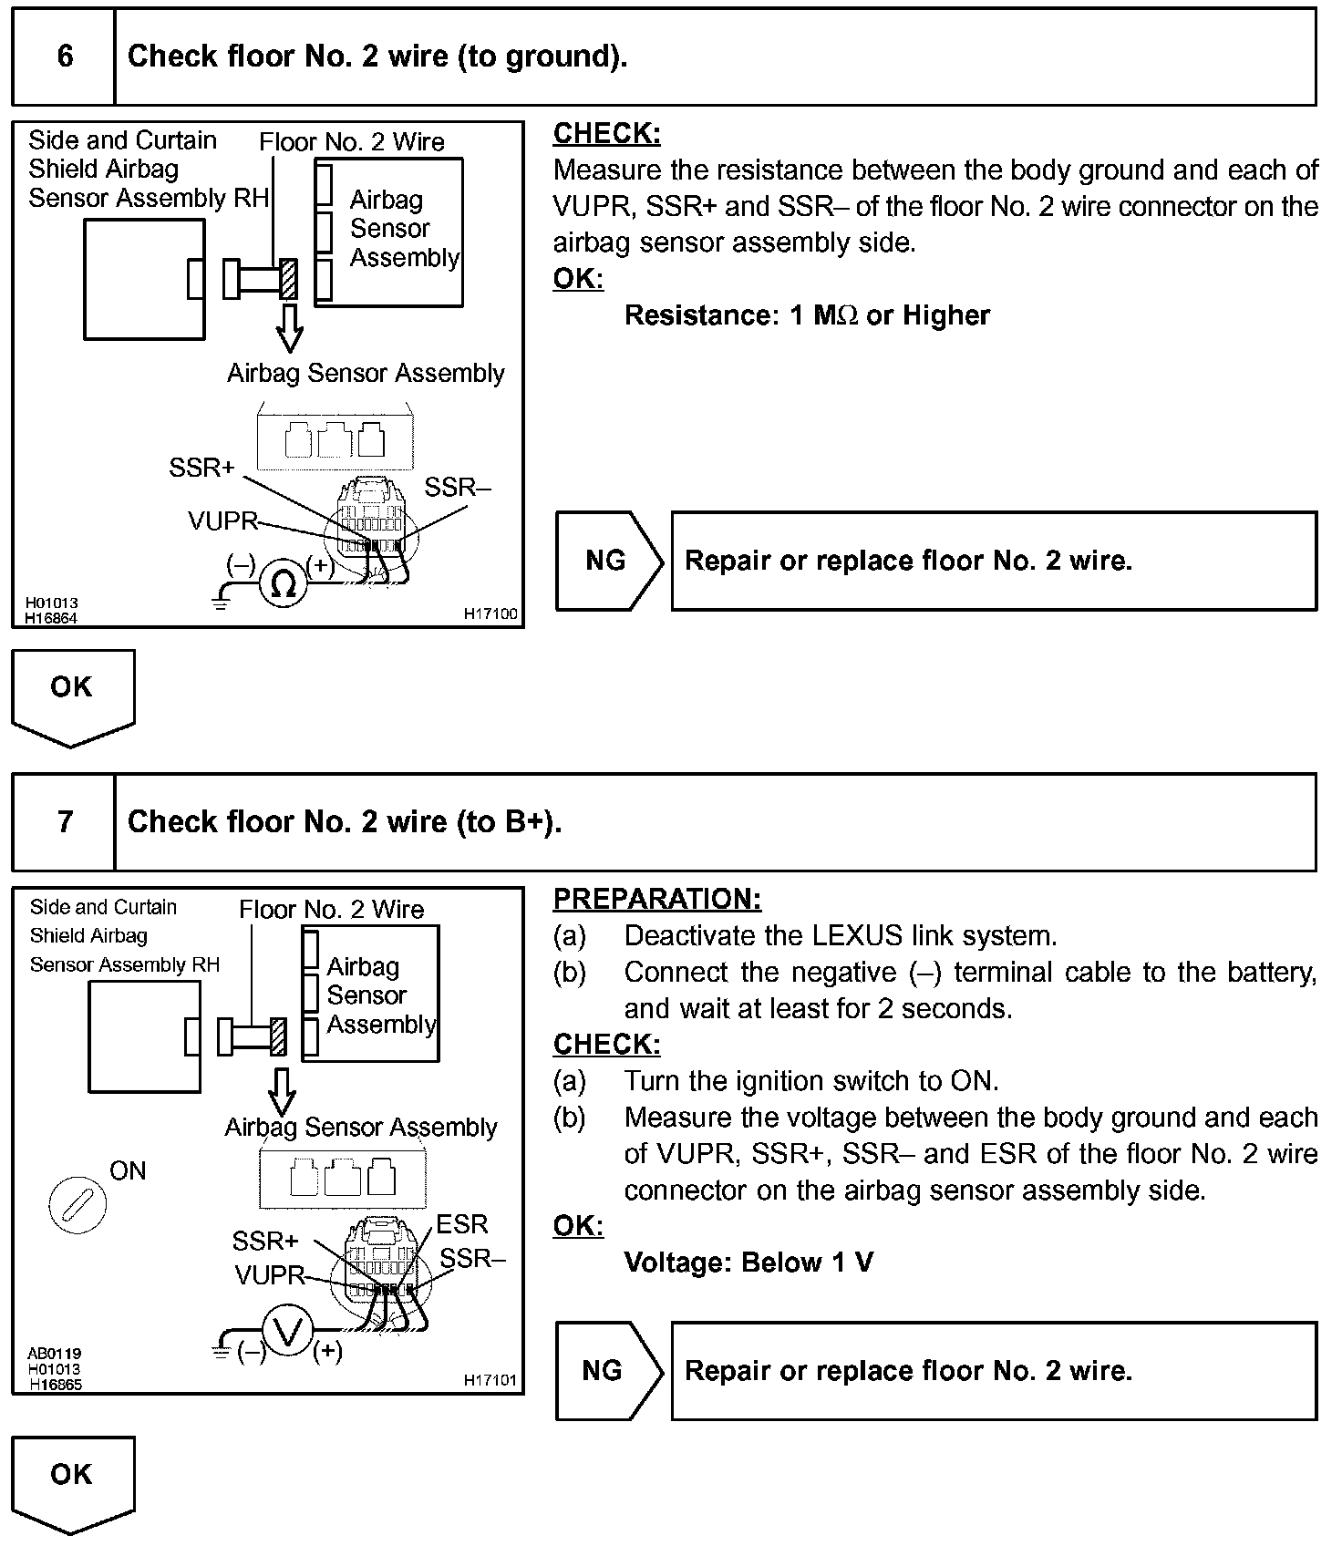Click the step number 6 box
(64, 57)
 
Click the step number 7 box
(64, 822)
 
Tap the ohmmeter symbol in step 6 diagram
(284, 582)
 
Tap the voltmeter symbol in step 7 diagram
(288, 1333)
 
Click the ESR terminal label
(462, 1224)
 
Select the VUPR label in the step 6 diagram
(222, 520)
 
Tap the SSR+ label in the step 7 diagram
(265, 1241)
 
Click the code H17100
(490, 614)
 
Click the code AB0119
(54, 1355)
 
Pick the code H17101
(490, 1380)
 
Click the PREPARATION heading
(656, 899)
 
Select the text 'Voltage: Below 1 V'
(748, 1263)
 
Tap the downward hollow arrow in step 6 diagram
(290, 327)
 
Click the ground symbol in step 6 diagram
(220, 602)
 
